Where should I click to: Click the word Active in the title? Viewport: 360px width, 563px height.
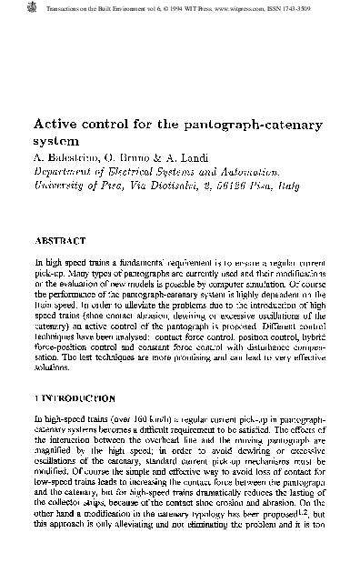tap(55, 124)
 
